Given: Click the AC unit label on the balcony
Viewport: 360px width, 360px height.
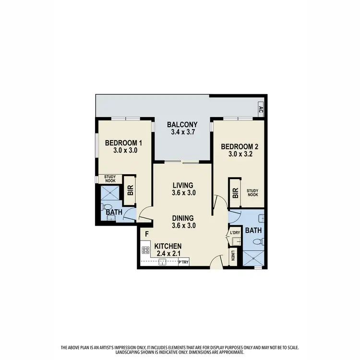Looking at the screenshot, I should [x=261, y=109].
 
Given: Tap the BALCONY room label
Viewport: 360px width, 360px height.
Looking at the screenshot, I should [x=182, y=126].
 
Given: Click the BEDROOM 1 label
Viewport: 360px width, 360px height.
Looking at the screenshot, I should [x=123, y=143].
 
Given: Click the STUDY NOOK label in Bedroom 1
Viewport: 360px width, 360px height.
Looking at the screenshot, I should [x=110, y=179].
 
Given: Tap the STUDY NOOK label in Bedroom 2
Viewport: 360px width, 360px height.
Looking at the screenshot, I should [x=252, y=192].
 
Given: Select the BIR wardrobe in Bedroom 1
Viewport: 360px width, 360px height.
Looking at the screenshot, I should [x=130, y=191].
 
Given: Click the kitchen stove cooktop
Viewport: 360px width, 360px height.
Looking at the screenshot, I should [x=146, y=250].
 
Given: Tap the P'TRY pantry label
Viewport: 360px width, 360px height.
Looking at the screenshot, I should [x=183, y=262].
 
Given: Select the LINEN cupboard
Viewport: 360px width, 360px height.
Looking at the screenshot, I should [x=233, y=256].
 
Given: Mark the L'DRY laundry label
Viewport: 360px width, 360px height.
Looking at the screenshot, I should [x=235, y=233].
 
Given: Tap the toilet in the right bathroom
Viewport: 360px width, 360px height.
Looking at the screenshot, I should [x=258, y=241].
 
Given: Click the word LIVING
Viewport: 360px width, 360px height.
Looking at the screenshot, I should [x=182, y=185].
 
